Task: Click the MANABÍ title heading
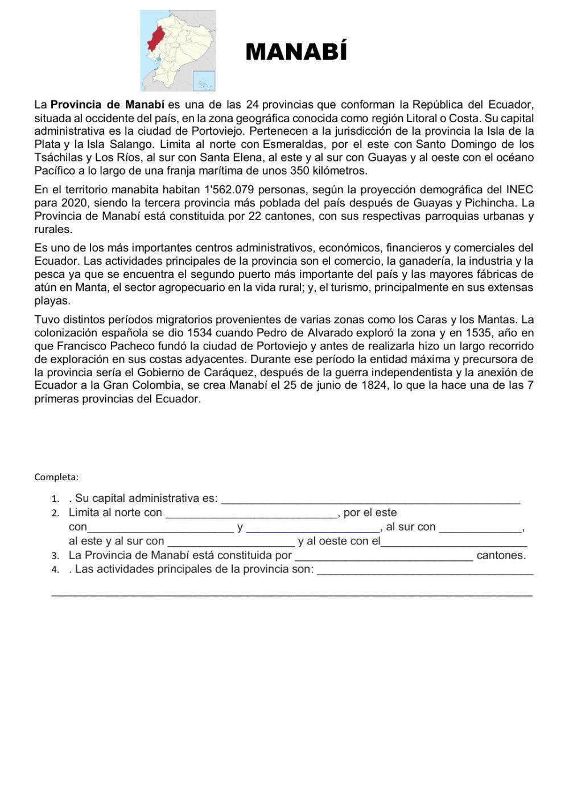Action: [296, 52]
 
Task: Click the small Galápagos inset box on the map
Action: [203, 80]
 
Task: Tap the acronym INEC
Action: [520, 189]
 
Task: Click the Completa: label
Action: [56, 476]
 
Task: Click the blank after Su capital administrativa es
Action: [370, 499]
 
